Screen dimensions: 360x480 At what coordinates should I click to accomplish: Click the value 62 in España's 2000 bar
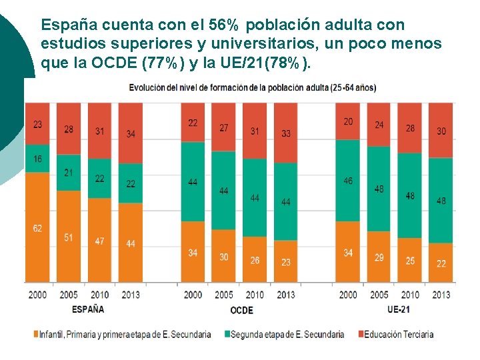37,229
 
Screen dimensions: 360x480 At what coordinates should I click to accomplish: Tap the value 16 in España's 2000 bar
37,159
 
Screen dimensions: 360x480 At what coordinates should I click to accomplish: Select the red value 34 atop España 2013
131,134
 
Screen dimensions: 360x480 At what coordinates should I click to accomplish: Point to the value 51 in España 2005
69,237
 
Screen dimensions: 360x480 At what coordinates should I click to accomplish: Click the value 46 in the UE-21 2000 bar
348,181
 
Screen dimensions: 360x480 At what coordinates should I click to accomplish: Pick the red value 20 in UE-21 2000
348,121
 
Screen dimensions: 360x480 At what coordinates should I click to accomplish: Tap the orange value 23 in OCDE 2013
286,262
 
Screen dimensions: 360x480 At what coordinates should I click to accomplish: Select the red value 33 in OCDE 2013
286,133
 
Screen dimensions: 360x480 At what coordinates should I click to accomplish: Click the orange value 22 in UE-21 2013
441,264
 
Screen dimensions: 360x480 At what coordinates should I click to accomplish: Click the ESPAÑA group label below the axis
88,309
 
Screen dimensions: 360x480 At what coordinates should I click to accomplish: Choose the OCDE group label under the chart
241,310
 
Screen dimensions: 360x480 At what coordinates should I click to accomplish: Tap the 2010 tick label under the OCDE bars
255,295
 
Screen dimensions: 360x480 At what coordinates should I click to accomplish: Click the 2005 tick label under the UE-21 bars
379,295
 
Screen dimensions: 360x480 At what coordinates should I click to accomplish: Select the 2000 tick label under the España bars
37,295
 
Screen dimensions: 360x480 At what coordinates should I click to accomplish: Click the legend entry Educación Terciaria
399,334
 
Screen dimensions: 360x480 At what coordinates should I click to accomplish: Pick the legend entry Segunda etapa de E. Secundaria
287,334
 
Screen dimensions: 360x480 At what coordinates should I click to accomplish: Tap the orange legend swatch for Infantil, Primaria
35,334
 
